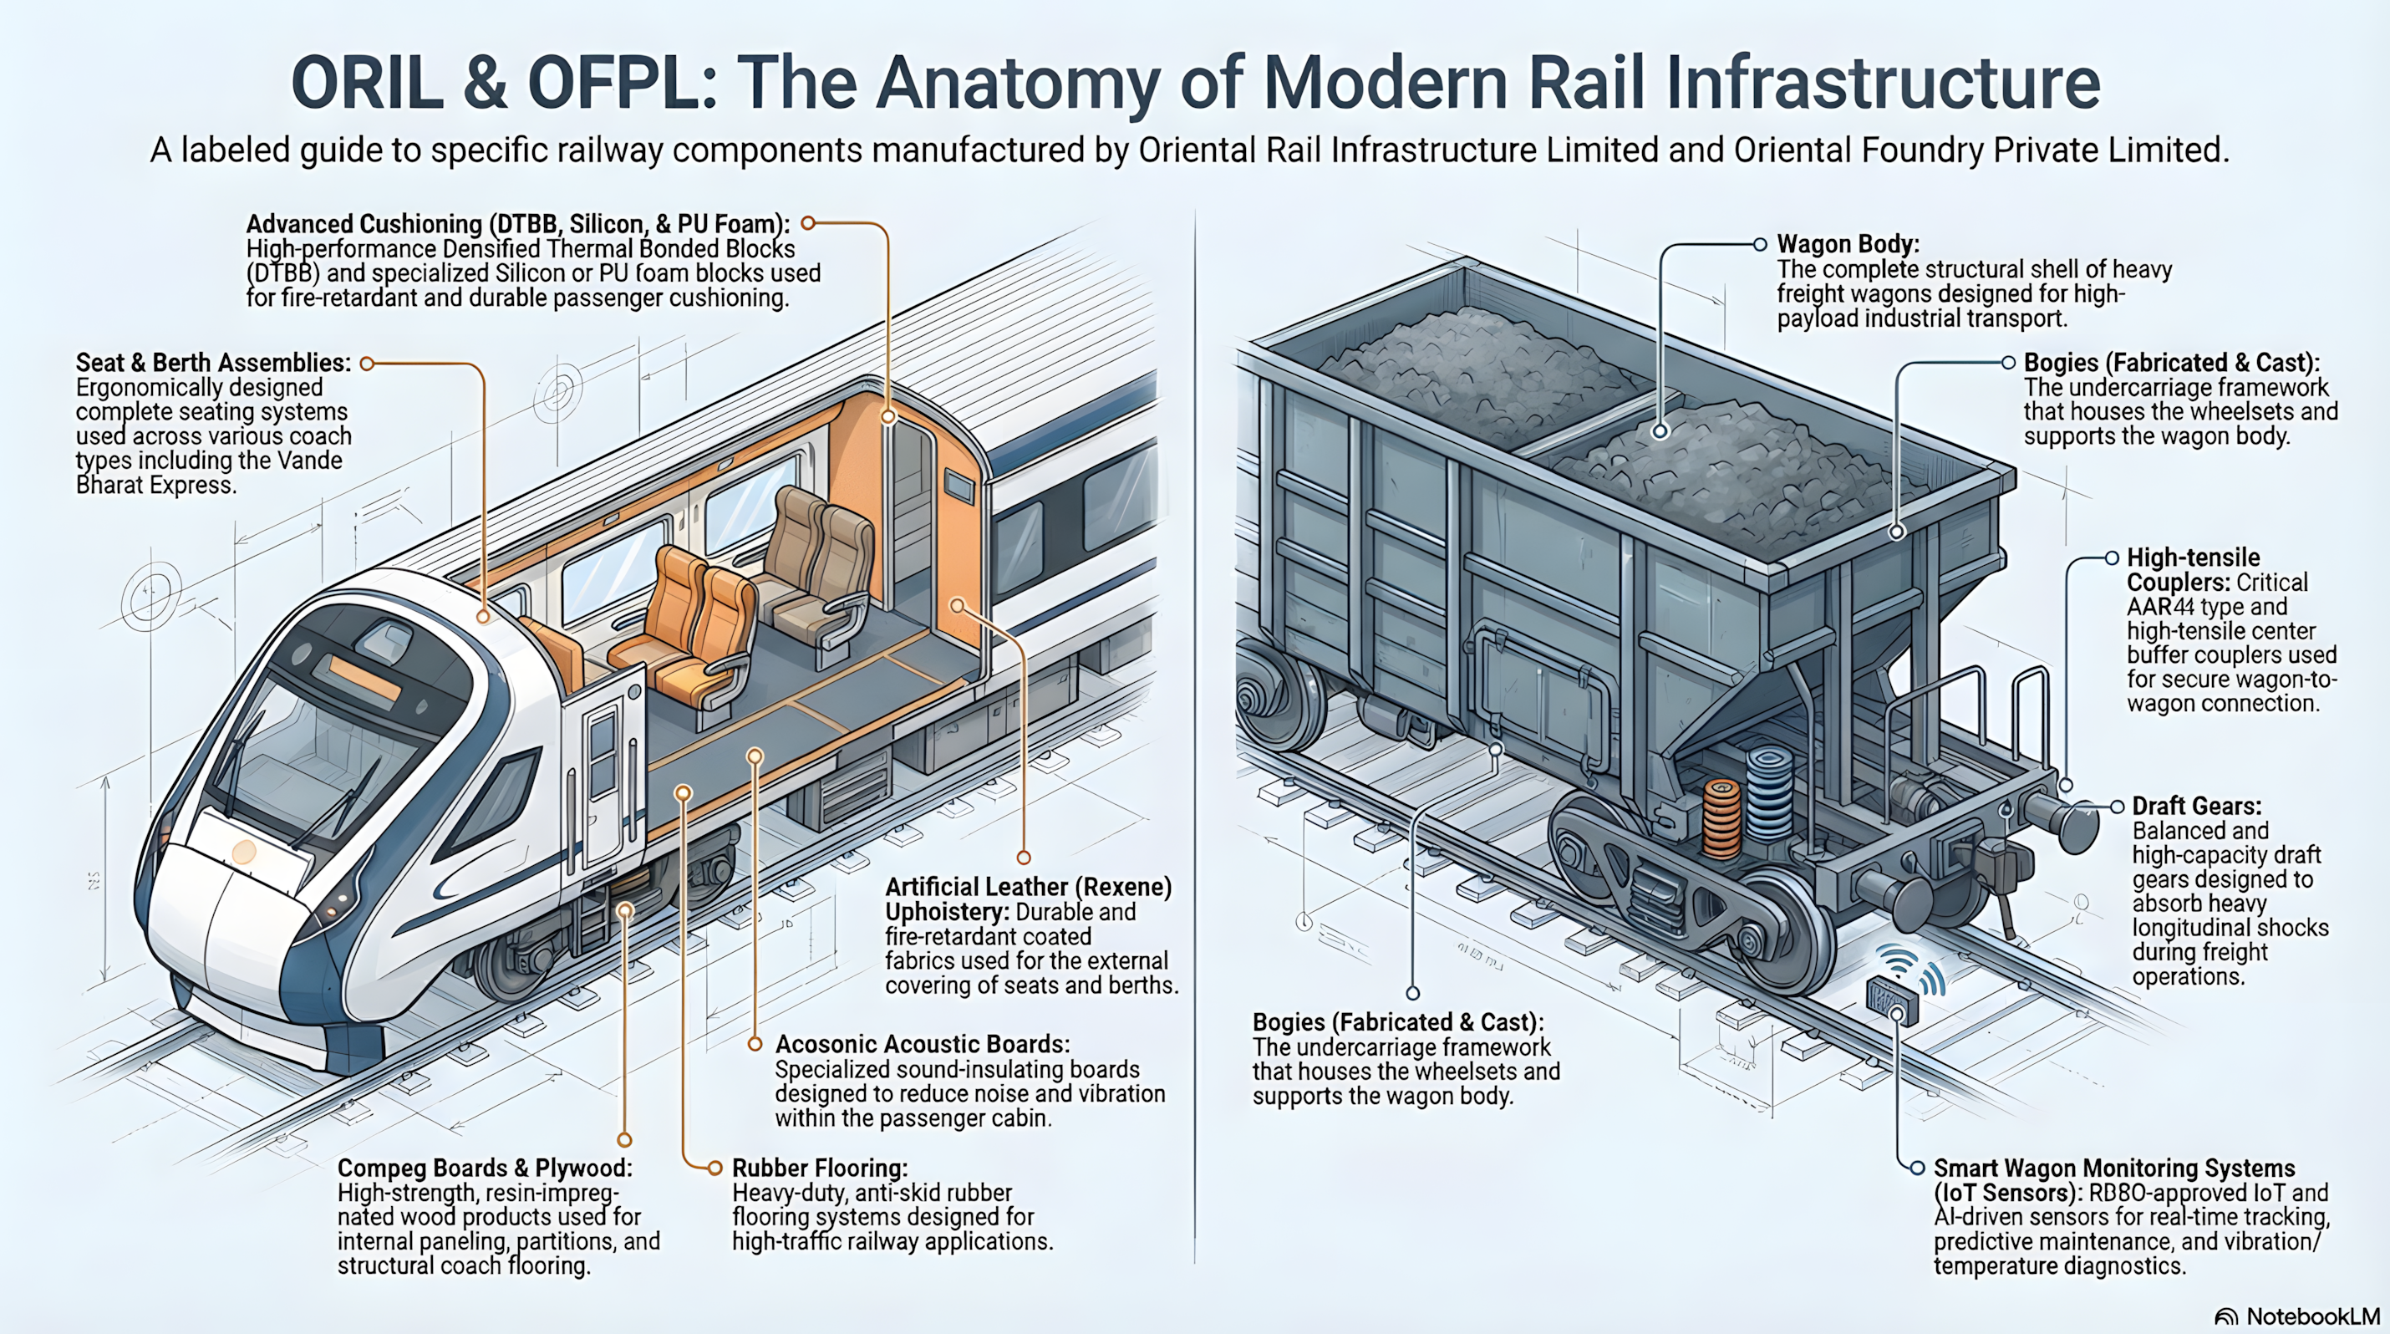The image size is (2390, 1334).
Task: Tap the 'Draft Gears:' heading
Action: pos(2196,806)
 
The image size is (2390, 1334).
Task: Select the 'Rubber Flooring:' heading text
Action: pos(819,1168)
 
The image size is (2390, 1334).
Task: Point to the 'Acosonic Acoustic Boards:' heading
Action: pos(923,1045)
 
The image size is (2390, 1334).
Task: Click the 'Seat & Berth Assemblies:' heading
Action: pos(213,363)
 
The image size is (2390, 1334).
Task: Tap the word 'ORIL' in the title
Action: pos(367,84)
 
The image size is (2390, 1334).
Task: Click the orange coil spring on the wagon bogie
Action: pos(1722,817)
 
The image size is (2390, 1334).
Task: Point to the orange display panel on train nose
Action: pos(364,678)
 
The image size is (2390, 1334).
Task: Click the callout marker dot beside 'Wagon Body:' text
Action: pos(1759,245)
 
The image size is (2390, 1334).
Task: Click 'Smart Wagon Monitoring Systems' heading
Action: pos(2113,1168)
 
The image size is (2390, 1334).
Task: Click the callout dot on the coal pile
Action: pos(1660,430)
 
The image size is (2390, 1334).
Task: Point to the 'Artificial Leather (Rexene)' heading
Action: pos(1028,887)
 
